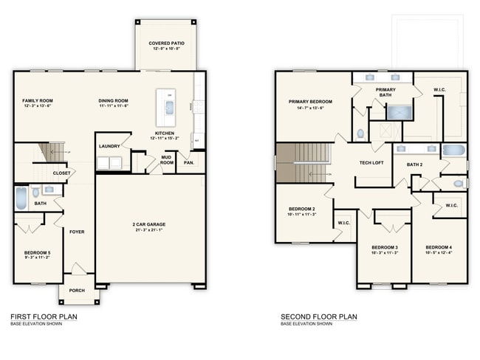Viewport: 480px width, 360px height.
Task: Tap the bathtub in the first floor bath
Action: (x=21, y=198)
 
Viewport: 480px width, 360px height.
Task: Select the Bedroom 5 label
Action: (x=38, y=253)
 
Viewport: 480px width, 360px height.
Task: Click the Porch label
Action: (x=77, y=290)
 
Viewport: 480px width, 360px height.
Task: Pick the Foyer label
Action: (x=77, y=232)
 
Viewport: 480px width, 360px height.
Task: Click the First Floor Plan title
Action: (x=44, y=316)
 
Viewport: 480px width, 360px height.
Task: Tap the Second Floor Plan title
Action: (x=319, y=316)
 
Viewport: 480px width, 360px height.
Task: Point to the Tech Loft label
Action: (x=371, y=162)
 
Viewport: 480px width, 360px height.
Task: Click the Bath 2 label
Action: (x=414, y=165)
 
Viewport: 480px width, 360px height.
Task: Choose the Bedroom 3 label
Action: (x=385, y=246)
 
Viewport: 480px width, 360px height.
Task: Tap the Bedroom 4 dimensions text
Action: (x=440, y=252)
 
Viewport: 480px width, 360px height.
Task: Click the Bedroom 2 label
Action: (x=302, y=209)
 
